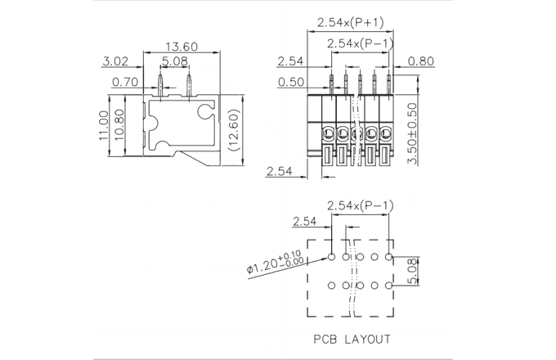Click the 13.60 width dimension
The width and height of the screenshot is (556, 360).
coord(180,46)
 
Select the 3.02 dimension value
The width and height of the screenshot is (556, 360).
coord(116,61)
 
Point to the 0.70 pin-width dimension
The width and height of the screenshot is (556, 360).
coord(125,81)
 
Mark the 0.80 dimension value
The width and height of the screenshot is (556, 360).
coord(420,61)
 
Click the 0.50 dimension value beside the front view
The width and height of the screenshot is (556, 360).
coord(291,81)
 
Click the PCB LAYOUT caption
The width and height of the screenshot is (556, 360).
coord(352,338)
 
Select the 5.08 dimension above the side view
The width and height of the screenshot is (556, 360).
coord(175,61)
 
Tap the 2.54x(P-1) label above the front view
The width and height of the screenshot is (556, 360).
coord(360,43)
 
